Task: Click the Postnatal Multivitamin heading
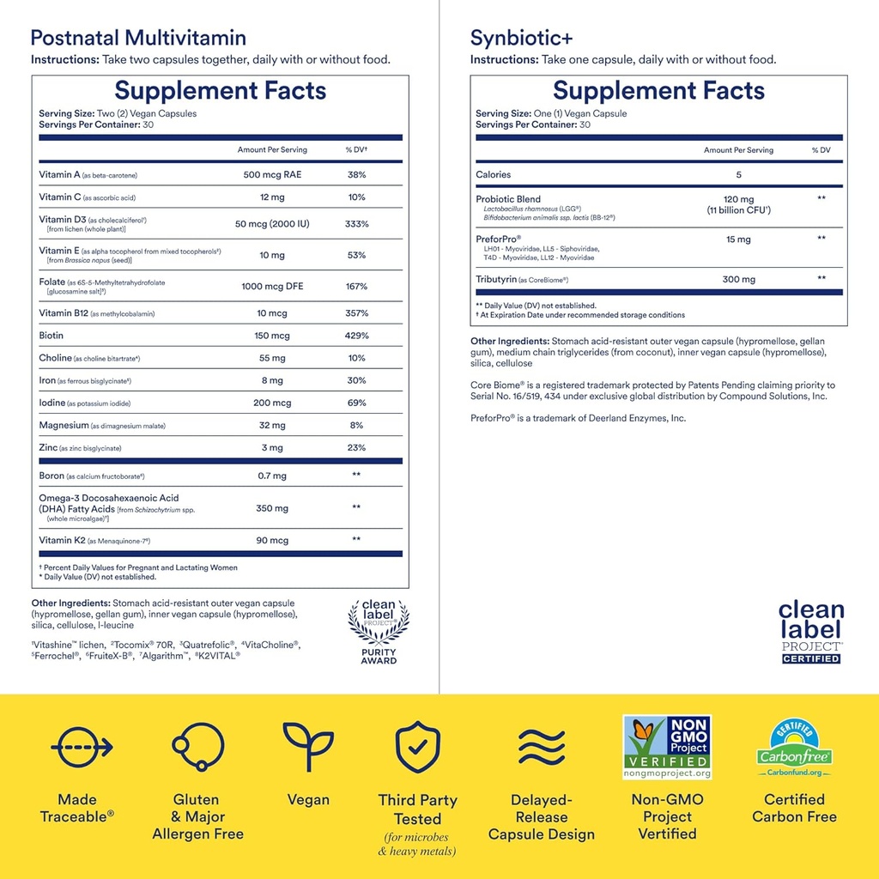(138, 38)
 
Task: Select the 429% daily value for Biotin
(356, 336)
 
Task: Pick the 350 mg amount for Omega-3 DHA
(272, 508)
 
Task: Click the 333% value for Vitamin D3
(356, 224)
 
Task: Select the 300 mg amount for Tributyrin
(738, 279)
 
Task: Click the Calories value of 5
(738, 174)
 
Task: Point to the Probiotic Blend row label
(508, 199)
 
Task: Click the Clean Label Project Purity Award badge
(379, 632)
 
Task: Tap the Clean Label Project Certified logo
(810, 632)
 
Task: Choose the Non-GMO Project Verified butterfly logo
(667, 747)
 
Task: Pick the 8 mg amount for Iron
(272, 380)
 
